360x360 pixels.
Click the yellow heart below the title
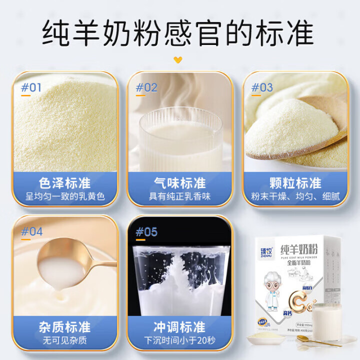[178, 60]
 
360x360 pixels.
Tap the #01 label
[31, 87]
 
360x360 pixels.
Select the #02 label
[146, 87]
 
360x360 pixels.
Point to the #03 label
[262, 87]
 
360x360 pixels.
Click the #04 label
[31, 232]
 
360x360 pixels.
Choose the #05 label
[146, 232]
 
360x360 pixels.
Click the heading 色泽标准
[65, 182]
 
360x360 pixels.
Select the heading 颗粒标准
[295, 182]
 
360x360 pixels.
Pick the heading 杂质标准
[65, 327]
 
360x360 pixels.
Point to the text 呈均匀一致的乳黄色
[65, 196]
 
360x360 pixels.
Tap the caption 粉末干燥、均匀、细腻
[295, 196]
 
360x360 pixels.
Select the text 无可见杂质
[65, 341]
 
